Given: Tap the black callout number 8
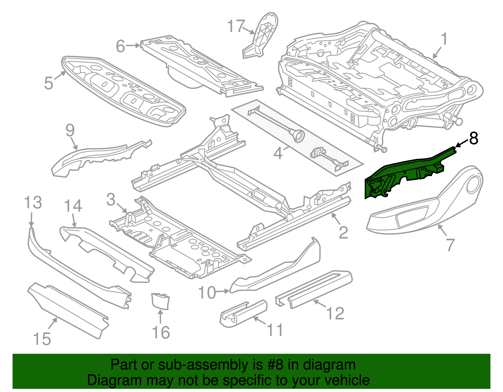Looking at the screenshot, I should point(473,138).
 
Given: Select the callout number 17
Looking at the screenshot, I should point(236,26).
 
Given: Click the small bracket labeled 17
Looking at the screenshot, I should point(261,36).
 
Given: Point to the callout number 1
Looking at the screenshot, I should point(444,40).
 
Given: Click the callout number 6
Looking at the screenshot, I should point(121,46).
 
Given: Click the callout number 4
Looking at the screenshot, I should point(278,154).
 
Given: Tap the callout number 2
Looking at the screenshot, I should point(343,233).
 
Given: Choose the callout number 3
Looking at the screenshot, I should point(111,200).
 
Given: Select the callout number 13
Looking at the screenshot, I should point(33,202).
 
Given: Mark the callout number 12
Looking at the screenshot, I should point(335,313).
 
